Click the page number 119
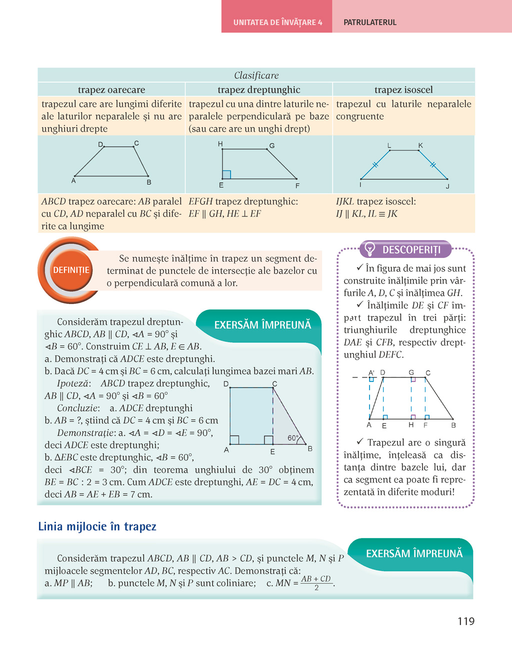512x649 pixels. (465, 621)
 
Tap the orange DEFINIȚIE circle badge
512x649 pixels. (71, 270)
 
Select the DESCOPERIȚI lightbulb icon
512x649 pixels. (369, 248)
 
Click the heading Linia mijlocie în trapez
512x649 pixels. (97, 526)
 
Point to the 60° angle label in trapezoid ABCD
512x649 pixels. (293, 438)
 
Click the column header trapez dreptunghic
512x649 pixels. (258, 90)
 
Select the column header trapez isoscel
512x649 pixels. (403, 90)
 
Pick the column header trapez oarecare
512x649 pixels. (111, 90)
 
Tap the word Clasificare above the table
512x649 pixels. (256, 75)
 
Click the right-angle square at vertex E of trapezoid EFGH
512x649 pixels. (226, 174)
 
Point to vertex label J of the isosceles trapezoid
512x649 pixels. (447, 186)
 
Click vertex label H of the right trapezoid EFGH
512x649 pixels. (220, 144)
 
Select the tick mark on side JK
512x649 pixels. (433, 164)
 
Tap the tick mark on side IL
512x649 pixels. (375, 164)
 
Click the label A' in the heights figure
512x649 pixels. (371, 373)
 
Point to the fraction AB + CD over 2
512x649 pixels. (316, 582)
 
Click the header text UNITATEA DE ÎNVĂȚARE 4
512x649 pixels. (277, 22)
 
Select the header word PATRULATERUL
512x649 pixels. (370, 22)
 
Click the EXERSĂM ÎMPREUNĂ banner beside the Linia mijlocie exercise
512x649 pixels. (414, 553)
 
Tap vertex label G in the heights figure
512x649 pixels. (411, 372)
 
